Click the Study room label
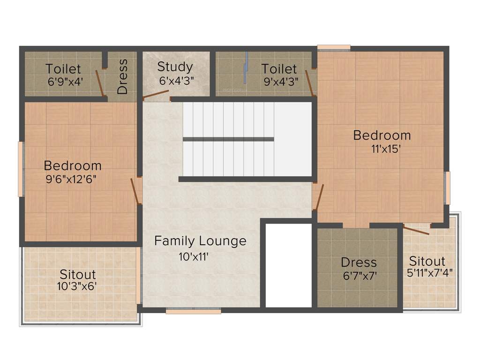pos(175,67)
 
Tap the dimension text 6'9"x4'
pos(65,81)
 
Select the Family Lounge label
pos(200,241)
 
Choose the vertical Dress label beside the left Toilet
pos(122,76)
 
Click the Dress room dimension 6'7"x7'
pos(360,276)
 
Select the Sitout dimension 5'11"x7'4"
pos(430,271)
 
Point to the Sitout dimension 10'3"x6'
pos(78,285)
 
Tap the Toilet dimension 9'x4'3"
pos(281,81)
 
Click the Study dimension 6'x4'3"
pos(176,81)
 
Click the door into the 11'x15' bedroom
pos(318,197)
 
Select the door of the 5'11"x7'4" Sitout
pos(416,230)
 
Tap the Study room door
pos(156,96)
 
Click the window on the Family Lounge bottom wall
pos(193,310)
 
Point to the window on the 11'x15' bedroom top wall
pos(334,47)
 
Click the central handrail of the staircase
pos(228,139)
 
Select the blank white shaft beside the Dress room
pos(289,265)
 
